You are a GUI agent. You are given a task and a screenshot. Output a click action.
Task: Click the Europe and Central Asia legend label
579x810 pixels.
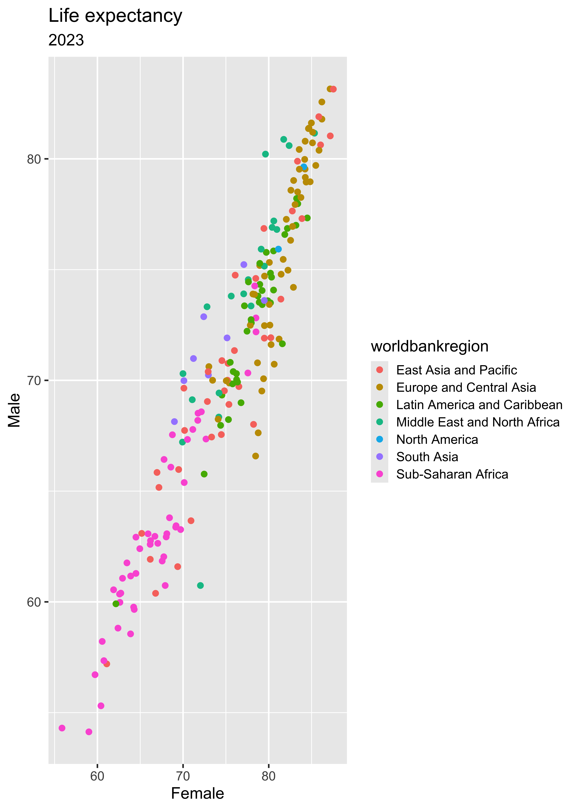coord(466,388)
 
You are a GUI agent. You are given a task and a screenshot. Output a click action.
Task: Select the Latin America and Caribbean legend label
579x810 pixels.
coord(479,405)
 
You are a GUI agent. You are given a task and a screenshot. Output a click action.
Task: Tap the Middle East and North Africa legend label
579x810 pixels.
coord(478,422)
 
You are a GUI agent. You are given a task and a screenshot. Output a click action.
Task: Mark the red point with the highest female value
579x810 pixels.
coord(333,89)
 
